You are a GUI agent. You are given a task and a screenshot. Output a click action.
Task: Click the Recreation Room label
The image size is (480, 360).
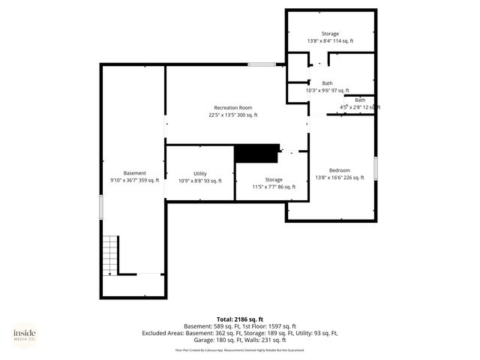[x=232, y=108]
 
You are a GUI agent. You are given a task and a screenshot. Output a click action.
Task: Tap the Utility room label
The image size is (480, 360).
[x=199, y=173]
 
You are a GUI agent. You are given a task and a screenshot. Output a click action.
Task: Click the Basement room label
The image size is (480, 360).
[x=135, y=173]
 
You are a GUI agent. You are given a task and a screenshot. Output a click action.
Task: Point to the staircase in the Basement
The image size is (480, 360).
[x=110, y=255]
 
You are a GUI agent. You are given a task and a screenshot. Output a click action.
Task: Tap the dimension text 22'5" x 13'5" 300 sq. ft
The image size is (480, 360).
[x=232, y=115]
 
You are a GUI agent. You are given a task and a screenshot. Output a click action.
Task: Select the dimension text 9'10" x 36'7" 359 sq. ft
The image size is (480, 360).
[x=135, y=181]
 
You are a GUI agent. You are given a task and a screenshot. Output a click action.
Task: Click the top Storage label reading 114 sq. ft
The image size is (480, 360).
[x=330, y=34]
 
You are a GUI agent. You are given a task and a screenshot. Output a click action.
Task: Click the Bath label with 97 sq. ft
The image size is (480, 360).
[x=328, y=83]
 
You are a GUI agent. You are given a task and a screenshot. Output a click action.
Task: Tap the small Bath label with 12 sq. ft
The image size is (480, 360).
[x=360, y=100]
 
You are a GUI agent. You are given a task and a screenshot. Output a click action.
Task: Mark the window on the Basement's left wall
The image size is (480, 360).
[x=100, y=207]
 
